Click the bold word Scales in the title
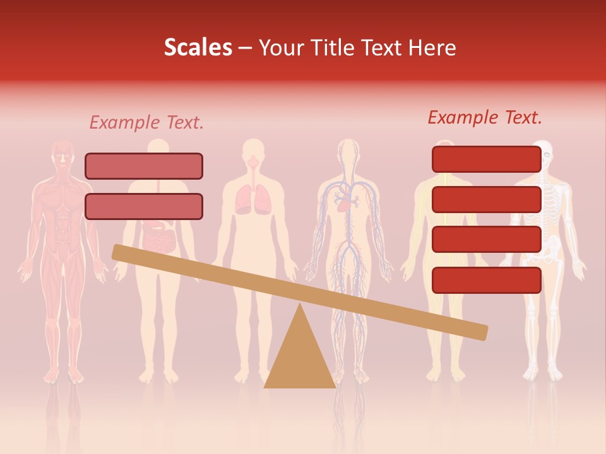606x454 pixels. click(x=198, y=47)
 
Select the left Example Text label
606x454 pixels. click(x=146, y=122)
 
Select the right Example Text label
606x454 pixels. click(x=485, y=117)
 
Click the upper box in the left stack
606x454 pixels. click(x=144, y=166)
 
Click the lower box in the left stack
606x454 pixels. click(x=144, y=206)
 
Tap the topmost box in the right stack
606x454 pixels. click(x=487, y=159)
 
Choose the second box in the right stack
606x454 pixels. click(x=487, y=199)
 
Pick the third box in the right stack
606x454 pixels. click(x=487, y=240)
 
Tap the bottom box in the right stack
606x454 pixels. click(x=487, y=280)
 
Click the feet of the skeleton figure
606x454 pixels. click(x=544, y=373)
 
